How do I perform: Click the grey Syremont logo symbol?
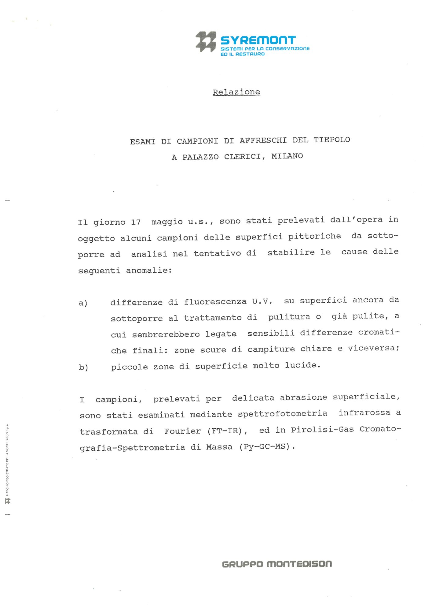coord(206,41)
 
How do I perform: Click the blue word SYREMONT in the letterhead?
coord(258,40)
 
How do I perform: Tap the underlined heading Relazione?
coord(236,92)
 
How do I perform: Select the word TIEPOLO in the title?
coord(331,140)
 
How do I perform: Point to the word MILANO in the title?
coord(287,156)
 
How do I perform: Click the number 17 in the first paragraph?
coord(136,222)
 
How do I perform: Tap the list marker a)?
coord(83,303)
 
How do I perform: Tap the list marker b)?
coord(83,367)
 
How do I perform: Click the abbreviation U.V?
coord(262,301)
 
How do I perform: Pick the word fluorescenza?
coord(215,302)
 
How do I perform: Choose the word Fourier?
coord(182,431)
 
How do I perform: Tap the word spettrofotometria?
coord(282,414)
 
